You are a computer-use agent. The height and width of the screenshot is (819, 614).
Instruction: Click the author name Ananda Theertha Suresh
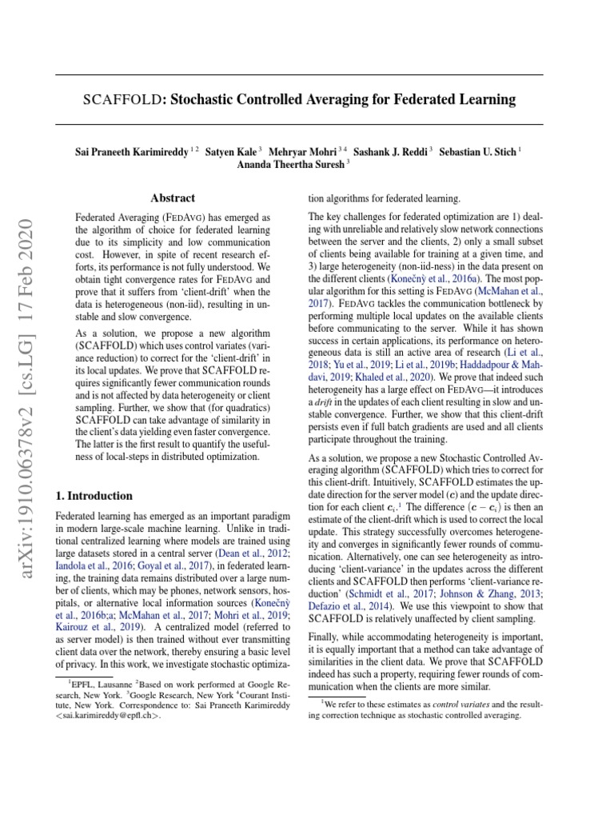(x=290, y=166)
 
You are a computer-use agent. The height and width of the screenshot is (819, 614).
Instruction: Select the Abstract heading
(x=173, y=198)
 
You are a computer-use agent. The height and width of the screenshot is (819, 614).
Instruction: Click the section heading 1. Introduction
(x=94, y=496)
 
